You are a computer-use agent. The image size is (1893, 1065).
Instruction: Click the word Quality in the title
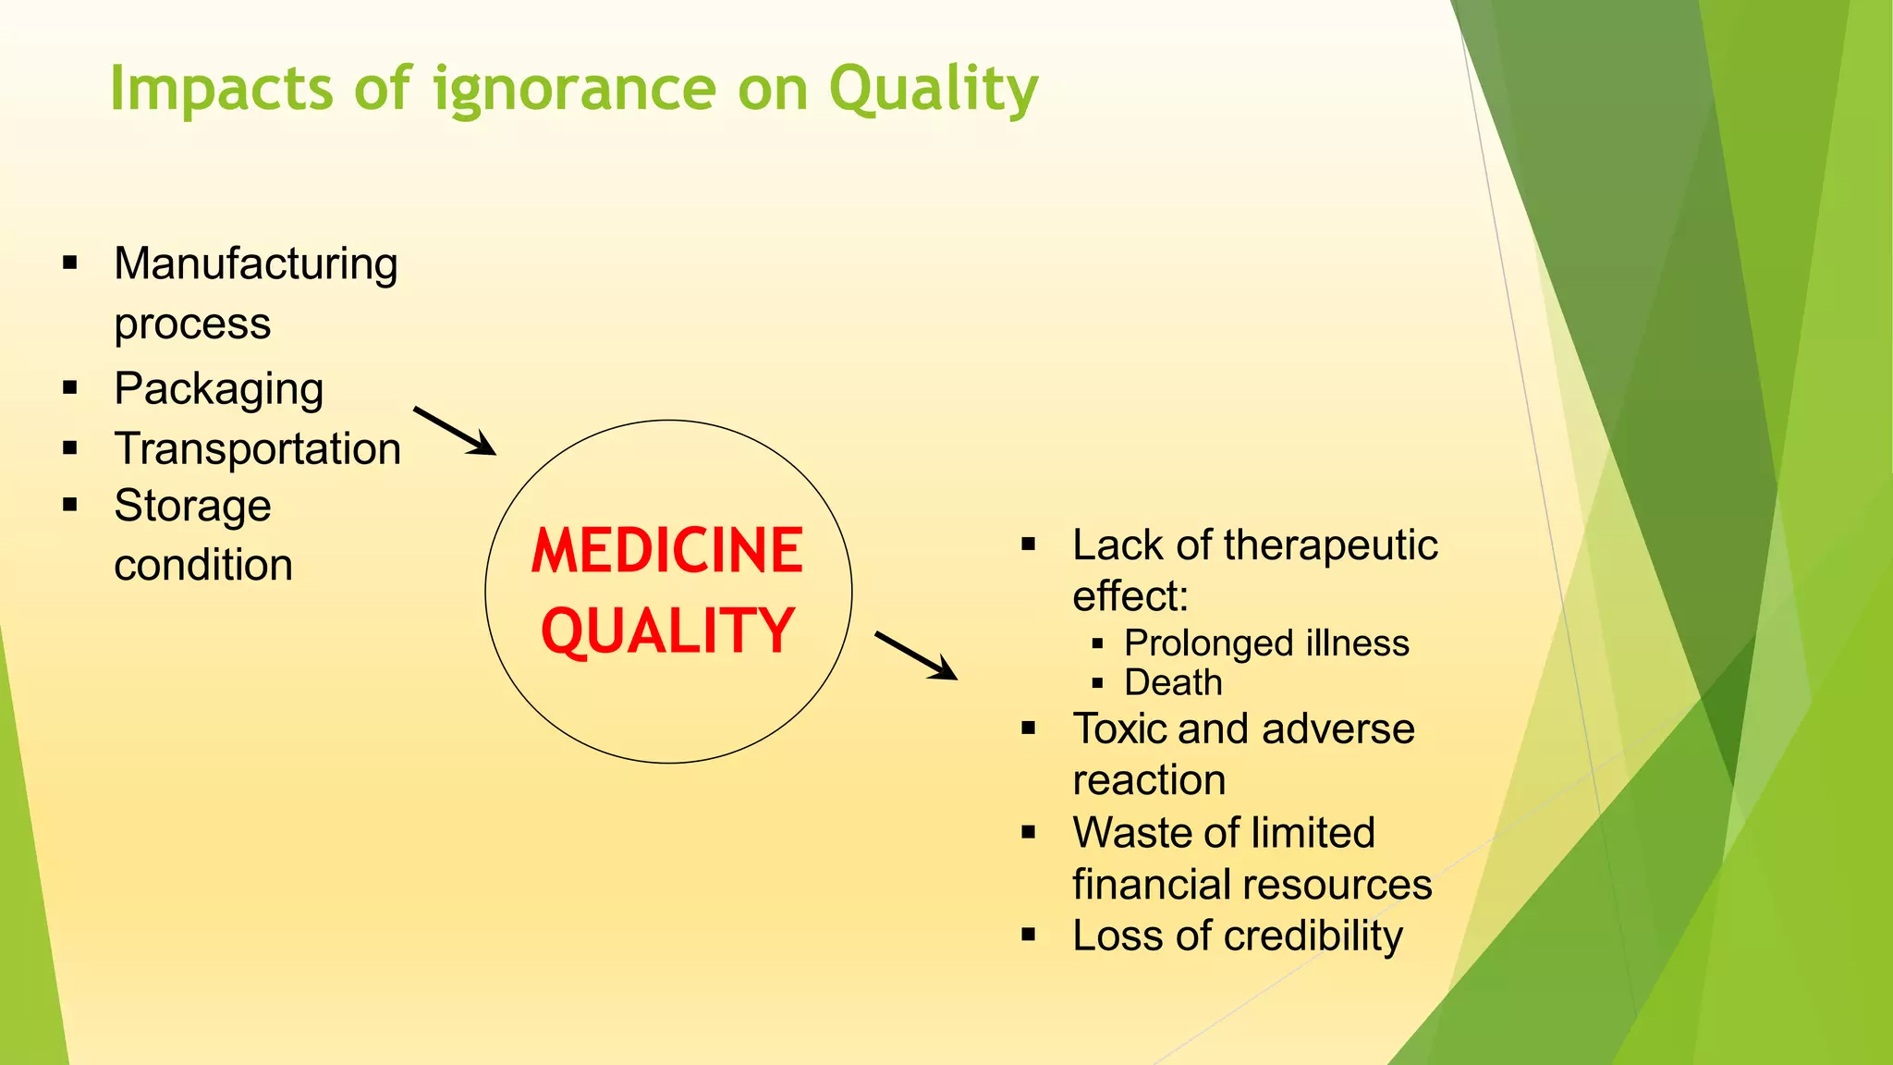click(x=933, y=90)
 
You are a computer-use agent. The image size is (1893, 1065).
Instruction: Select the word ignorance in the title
click(x=574, y=90)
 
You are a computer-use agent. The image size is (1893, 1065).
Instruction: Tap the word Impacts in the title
click(x=221, y=90)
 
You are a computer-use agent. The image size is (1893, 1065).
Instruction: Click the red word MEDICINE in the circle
click(x=666, y=551)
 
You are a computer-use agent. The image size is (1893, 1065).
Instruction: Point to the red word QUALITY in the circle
click(x=666, y=631)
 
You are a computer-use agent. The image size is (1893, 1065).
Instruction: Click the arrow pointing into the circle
click(x=455, y=432)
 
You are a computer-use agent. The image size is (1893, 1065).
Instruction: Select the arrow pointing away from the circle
click(x=915, y=656)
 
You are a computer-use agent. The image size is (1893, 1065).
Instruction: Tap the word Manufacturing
click(x=256, y=264)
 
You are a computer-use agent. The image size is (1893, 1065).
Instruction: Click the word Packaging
click(x=219, y=389)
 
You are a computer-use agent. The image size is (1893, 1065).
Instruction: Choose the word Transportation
click(x=258, y=449)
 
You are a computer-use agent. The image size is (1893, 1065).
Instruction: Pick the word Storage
click(x=192, y=507)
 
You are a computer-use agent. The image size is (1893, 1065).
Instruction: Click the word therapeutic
click(x=1330, y=545)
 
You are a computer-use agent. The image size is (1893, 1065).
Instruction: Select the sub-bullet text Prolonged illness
click(x=1266, y=643)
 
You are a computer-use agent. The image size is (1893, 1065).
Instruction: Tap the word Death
click(x=1173, y=683)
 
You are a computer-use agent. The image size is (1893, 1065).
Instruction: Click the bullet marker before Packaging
click(x=70, y=388)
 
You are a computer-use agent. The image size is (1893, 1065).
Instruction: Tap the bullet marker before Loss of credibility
click(x=1029, y=936)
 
